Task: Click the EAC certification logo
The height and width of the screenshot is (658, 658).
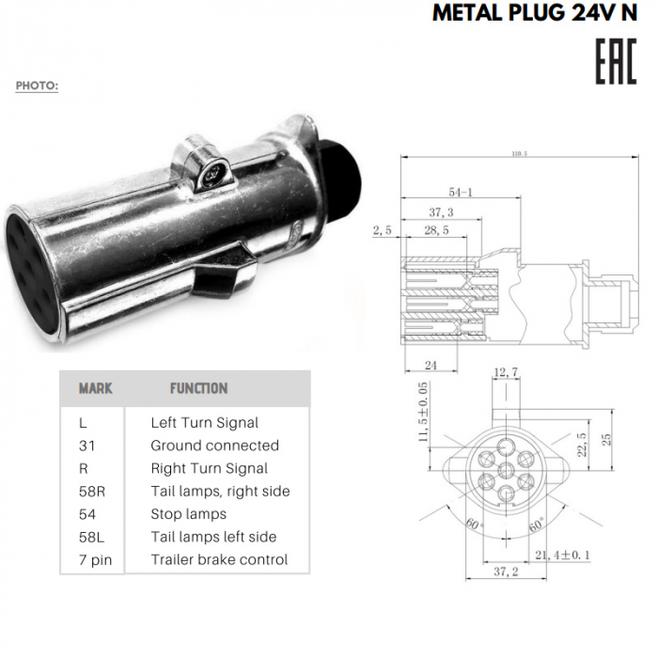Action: pyautogui.click(x=615, y=61)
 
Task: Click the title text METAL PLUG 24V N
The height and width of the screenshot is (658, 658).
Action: pyautogui.click(x=535, y=14)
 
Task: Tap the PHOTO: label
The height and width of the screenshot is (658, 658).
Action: pyautogui.click(x=37, y=86)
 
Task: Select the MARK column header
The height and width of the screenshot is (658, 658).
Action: pyautogui.click(x=95, y=387)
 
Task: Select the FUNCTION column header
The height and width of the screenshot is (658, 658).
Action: pyautogui.click(x=198, y=387)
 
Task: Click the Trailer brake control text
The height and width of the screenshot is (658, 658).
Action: pyautogui.click(x=219, y=560)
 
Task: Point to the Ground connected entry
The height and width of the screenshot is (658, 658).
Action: pyautogui.click(x=214, y=446)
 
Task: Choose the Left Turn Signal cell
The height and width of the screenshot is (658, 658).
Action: pyautogui.click(x=204, y=423)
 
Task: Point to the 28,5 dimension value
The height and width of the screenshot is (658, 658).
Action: pyautogui.click(x=435, y=229)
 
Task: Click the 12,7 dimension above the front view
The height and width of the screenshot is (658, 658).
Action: pyautogui.click(x=506, y=373)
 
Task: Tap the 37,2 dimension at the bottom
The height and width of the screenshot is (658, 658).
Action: pyautogui.click(x=506, y=572)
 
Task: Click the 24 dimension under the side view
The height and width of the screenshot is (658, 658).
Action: pyautogui.click(x=430, y=365)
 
